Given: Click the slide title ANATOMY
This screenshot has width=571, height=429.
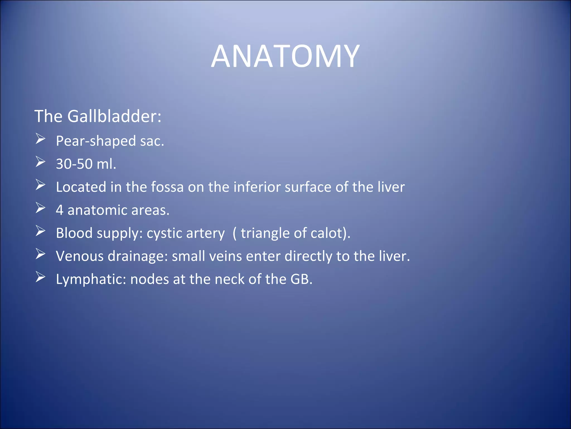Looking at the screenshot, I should pos(285,56).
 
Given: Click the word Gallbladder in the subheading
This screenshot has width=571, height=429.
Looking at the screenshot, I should pos(114,116).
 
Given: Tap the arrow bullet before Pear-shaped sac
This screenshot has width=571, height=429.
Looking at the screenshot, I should pos(40,139).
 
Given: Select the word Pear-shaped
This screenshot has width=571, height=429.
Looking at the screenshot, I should pos(96,141).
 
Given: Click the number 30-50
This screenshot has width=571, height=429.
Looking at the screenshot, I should pos(74,164).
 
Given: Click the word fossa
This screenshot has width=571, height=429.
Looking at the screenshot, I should pos(167,187).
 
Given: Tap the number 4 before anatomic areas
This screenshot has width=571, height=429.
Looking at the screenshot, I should pos(59,210).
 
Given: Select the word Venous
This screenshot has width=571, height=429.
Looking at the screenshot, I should pos(80,256).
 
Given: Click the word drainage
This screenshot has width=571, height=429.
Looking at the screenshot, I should pos(138,257).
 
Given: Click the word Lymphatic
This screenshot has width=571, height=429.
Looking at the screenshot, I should pos(91,280).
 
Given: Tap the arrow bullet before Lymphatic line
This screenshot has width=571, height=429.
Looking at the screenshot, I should pos(40,277).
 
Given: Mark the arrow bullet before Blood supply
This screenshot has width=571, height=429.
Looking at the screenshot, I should pos(40,231).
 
